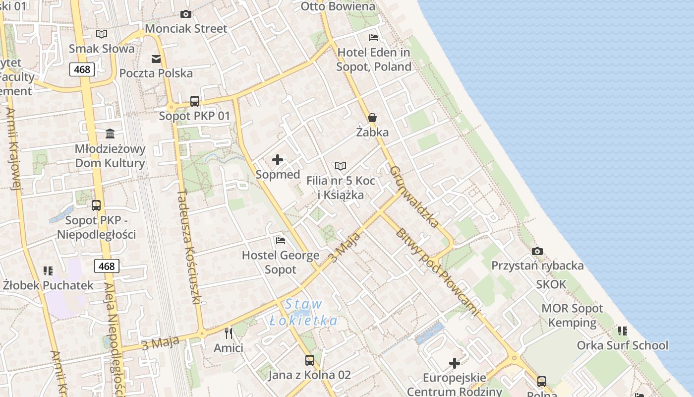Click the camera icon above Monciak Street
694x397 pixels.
tap(186, 14)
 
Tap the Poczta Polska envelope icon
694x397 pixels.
tap(156, 59)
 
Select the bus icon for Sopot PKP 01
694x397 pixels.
tap(195, 101)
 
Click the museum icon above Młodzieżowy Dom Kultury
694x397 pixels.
tap(110, 134)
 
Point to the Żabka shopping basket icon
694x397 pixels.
tap(372, 118)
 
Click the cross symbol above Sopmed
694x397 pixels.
tap(278, 160)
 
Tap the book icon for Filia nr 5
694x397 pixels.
tap(341, 166)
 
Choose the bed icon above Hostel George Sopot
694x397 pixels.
tap(281, 241)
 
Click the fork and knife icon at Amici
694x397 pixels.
tap(229, 333)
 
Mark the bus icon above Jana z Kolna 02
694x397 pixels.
tap(310, 360)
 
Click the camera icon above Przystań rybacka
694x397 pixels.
tap(537, 251)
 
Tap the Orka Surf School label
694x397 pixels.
tap(622, 345)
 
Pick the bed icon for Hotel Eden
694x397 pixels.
tap(374, 38)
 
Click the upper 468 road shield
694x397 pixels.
tap(82, 69)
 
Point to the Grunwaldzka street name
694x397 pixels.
tap(414, 197)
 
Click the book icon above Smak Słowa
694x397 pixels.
tap(102, 34)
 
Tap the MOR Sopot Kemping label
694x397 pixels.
tap(572, 316)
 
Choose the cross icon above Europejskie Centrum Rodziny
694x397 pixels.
tap(455, 363)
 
